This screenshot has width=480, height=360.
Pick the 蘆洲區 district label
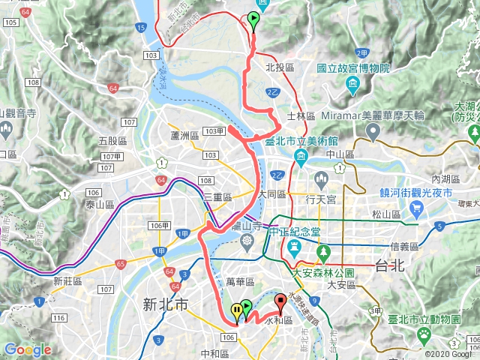(x=184, y=135)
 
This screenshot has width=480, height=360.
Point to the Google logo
(x=28, y=349)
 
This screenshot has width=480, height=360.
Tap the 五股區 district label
(x=112, y=140)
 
